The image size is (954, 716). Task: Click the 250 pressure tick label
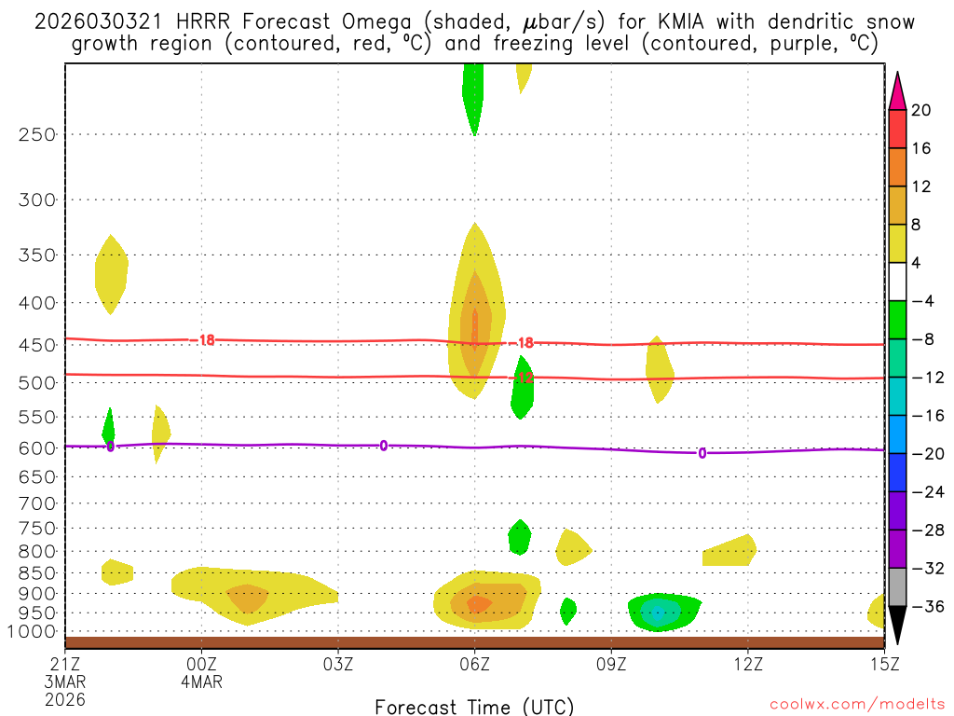click(37, 134)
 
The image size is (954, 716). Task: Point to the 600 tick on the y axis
click(37, 447)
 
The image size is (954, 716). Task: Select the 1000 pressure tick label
click(33, 631)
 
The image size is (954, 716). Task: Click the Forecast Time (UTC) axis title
click(474, 706)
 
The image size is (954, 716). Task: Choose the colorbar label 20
click(921, 110)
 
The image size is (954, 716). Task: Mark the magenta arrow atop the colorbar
click(897, 90)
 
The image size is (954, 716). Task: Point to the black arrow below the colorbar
click(897, 626)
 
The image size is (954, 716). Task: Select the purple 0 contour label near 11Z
click(702, 453)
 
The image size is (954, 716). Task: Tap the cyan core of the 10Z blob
click(659, 613)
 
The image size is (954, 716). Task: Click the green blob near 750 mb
click(519, 536)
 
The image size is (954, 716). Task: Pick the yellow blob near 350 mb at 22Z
click(111, 272)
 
